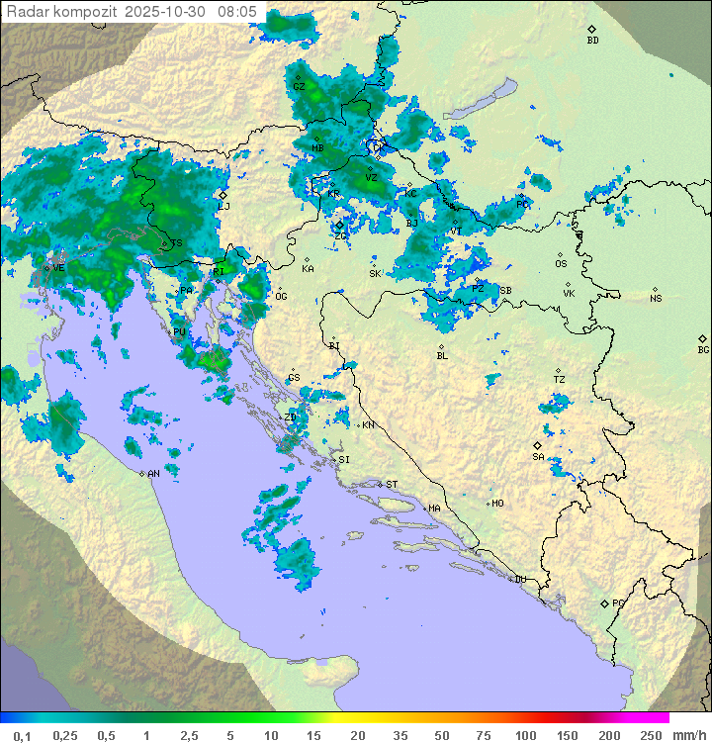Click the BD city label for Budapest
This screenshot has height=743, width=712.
pyautogui.click(x=592, y=41)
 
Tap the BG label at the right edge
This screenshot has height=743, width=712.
pyautogui.click(x=703, y=349)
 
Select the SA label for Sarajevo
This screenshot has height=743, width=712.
pyautogui.click(x=538, y=456)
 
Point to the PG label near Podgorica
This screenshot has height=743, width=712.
pyautogui.click(x=618, y=603)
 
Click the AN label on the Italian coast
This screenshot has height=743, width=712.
pyautogui.click(x=153, y=474)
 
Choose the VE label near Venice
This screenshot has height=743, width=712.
pyautogui.click(x=58, y=267)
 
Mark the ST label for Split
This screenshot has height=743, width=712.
pyautogui.click(x=392, y=485)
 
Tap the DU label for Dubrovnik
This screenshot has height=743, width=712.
pyautogui.click(x=519, y=580)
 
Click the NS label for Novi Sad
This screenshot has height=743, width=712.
pyautogui.click(x=656, y=299)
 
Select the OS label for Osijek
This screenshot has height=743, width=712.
pyautogui.click(x=561, y=264)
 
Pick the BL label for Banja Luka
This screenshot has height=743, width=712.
pyautogui.click(x=442, y=356)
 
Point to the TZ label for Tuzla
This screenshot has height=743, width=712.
pyautogui.click(x=559, y=380)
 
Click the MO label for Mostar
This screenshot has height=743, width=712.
pyautogui.click(x=497, y=504)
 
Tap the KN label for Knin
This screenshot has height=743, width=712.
pyautogui.click(x=368, y=425)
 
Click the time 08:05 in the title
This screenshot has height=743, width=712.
pyautogui.click(x=237, y=11)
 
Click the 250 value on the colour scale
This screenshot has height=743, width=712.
pyautogui.click(x=651, y=735)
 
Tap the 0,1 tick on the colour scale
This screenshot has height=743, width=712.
pyautogui.click(x=22, y=735)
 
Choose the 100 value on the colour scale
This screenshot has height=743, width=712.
pyautogui.click(x=525, y=735)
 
